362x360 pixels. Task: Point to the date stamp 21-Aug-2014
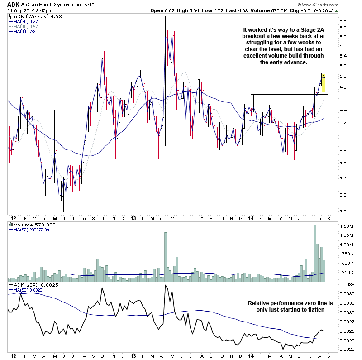coord(24,10)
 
